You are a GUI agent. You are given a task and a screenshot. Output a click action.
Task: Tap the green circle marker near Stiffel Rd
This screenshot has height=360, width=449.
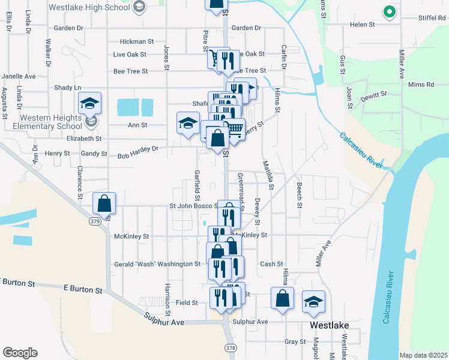click(389, 11)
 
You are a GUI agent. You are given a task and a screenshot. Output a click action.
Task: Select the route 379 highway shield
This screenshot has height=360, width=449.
click(95, 221)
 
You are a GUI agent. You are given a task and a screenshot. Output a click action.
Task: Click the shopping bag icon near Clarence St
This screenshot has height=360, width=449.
click(104, 204)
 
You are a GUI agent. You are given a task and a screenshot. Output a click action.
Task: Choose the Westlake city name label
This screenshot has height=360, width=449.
click(330, 325)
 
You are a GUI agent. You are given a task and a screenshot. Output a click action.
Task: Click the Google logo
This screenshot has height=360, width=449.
click(20, 353)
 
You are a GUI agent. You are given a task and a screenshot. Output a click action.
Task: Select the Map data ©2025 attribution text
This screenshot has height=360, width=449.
click(423, 355)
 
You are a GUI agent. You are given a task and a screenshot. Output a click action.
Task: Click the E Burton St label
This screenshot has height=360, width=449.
click(82, 289)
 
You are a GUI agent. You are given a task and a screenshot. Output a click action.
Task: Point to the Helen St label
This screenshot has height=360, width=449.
click(363, 25)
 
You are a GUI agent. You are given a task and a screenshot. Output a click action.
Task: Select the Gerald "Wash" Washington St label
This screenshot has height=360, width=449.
click(157, 264)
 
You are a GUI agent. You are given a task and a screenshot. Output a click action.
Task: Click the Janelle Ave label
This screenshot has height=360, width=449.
click(19, 77)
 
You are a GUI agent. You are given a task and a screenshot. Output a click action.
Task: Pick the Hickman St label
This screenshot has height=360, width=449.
click(137, 42)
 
